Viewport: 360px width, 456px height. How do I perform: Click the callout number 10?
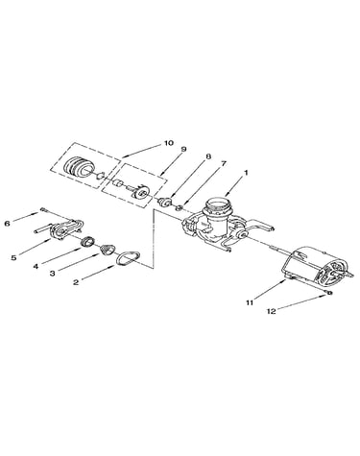point(168,143)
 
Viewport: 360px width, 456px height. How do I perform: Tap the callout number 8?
point(208,156)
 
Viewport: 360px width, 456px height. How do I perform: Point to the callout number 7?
point(223,164)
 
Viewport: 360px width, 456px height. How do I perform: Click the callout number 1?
point(246,173)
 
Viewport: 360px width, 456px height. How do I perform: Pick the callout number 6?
point(7,224)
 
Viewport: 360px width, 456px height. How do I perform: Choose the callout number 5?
point(13,258)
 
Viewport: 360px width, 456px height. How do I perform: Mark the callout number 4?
point(36,266)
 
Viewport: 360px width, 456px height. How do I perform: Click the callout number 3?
point(52,274)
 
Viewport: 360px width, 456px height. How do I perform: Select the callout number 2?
point(76,282)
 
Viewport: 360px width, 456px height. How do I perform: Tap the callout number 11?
point(250,302)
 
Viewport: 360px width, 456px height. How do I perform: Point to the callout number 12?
point(271,311)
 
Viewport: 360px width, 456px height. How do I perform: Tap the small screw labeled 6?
point(44,210)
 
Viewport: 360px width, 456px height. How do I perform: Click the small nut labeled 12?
point(329,293)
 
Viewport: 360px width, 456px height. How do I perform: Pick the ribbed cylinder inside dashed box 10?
point(79,166)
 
